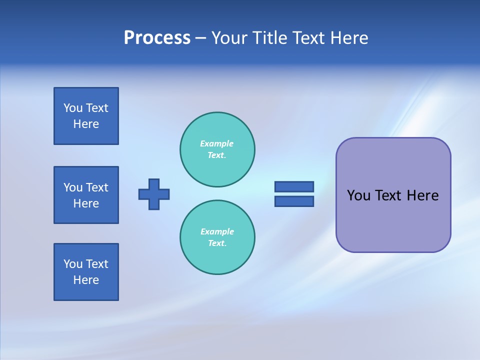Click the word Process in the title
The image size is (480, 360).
tap(157, 38)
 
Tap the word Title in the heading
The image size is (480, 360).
tap(269, 38)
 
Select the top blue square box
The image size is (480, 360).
tap(86, 116)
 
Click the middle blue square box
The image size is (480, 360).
tap(86, 195)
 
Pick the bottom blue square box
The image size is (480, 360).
tap(86, 272)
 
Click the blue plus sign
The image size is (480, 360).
tap(154, 194)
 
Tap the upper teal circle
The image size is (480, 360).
tap(217, 149)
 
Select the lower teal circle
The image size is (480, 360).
tap(217, 237)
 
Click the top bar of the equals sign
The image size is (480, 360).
tap(294, 186)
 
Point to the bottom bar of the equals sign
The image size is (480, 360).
tap(294, 201)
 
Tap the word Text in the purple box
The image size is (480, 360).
tap(388, 195)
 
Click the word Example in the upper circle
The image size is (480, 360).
tap(217, 143)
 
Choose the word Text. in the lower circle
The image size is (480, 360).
tap(217, 243)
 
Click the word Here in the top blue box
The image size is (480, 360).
tap(86, 124)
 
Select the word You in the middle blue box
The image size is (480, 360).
tap(73, 187)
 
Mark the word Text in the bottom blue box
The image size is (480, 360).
tap(97, 264)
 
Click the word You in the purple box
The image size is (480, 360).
tap(358, 195)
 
